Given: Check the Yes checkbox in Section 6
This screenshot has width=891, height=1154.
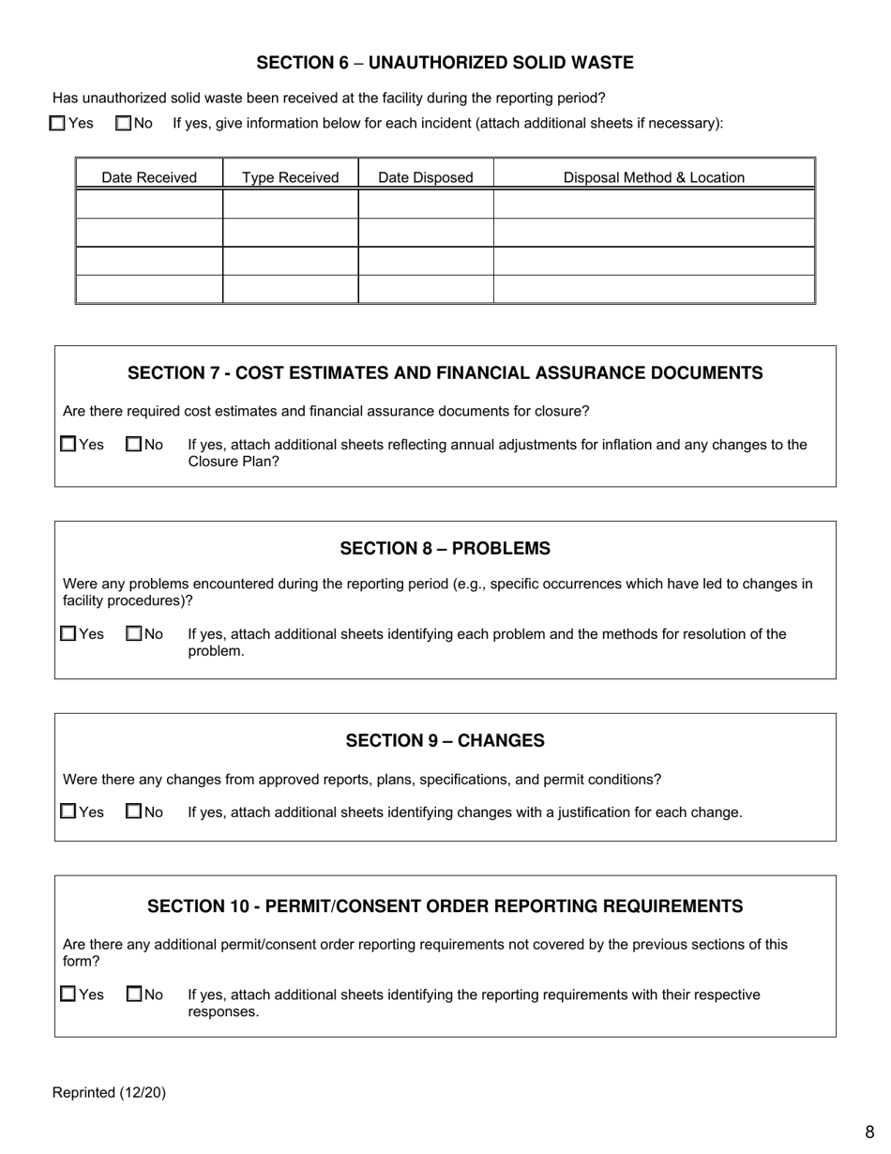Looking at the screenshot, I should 58,123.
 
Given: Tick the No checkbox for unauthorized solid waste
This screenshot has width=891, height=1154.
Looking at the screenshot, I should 124,123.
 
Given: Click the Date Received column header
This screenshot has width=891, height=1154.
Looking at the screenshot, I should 149,177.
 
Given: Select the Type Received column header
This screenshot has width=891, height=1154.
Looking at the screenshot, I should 291,177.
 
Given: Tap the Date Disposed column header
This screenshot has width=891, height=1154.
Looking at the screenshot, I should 426,177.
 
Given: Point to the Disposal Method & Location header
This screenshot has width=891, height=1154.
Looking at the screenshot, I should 654,177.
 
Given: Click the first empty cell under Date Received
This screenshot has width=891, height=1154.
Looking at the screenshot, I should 149,204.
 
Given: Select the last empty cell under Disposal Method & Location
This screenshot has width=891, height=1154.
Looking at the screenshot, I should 654,289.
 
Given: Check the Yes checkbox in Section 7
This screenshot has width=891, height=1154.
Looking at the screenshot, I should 68,444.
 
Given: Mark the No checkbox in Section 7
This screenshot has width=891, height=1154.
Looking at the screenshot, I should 134,444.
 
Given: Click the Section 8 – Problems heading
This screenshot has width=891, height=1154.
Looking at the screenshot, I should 445,548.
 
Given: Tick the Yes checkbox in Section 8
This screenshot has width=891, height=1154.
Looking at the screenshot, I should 68,633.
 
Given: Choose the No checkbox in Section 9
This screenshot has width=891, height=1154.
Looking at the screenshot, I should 134,812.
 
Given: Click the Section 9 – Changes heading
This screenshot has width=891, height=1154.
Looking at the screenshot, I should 445,740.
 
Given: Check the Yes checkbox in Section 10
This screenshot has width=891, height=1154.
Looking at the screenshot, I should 68,994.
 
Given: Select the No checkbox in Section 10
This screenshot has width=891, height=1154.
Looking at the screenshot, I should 134,994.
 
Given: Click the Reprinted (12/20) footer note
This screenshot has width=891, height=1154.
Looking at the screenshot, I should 109,1092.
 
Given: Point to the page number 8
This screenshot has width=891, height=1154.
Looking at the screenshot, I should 869,1132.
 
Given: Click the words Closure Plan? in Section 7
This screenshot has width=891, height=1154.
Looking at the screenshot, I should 234,462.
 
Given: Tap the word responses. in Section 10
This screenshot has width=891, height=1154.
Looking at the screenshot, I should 223,1011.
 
